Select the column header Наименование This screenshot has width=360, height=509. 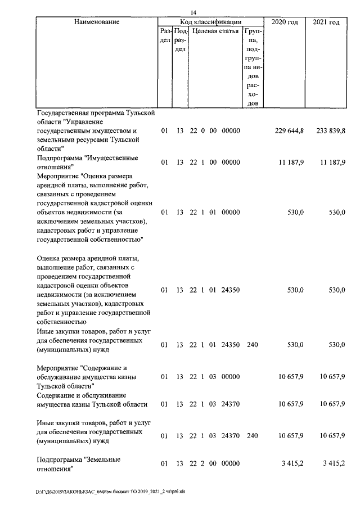(x=96, y=22)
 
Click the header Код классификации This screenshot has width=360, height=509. (x=210, y=22)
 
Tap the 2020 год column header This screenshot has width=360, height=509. (x=285, y=22)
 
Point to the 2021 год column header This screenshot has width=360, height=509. (x=326, y=22)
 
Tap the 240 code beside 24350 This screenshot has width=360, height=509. (x=253, y=344)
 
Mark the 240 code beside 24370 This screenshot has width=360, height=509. (x=253, y=435)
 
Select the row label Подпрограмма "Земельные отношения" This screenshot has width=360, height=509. (x=78, y=465)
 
